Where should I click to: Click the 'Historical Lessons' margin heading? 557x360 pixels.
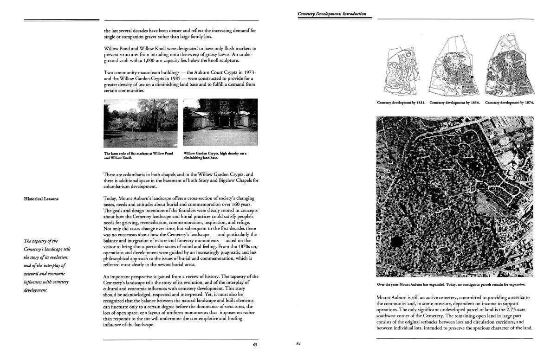tap(41, 199)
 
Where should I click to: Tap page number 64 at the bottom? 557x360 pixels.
tap(298, 344)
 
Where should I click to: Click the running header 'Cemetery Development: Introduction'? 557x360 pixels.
tap(332, 14)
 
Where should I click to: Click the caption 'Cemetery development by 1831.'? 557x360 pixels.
tap(402, 103)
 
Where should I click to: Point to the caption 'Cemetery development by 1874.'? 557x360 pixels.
tap(509, 103)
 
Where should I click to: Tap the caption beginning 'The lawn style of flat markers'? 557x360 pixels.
tap(138, 155)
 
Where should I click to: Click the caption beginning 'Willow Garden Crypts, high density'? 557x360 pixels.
tap(215, 155)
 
